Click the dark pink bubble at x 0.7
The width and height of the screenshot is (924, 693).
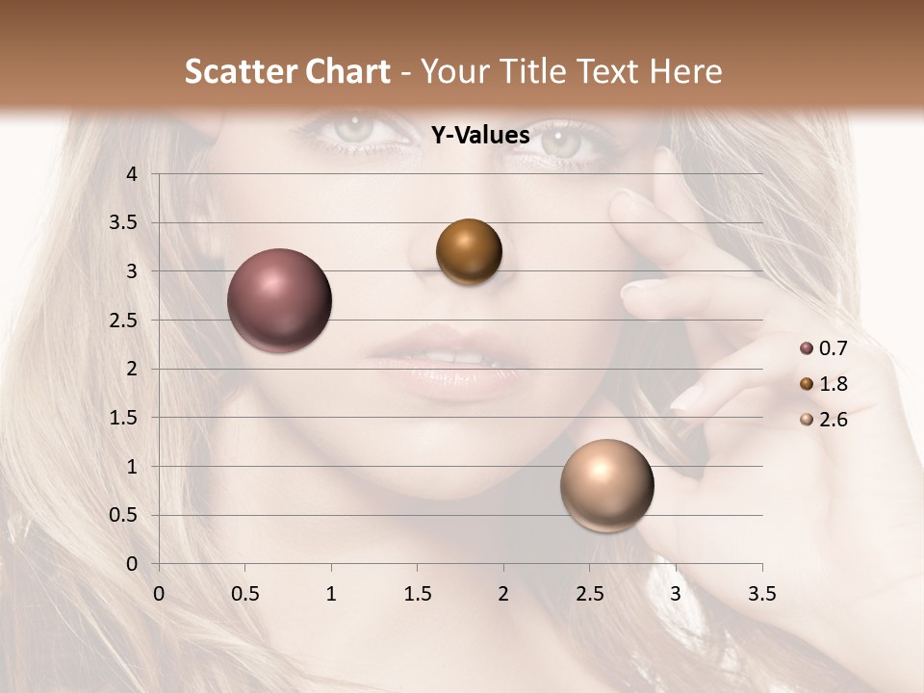pyautogui.click(x=279, y=300)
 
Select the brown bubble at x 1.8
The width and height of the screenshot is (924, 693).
pyautogui.click(x=469, y=252)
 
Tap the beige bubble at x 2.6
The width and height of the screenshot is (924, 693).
pyautogui.click(x=606, y=485)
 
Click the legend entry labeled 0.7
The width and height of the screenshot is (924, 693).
pyautogui.click(x=833, y=348)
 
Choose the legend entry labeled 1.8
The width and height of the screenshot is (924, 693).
pyautogui.click(x=833, y=384)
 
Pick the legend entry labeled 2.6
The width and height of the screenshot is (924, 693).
pyautogui.click(x=833, y=420)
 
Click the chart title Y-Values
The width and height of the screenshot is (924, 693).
pyautogui.click(x=479, y=136)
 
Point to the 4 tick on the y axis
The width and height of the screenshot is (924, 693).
pyautogui.click(x=132, y=174)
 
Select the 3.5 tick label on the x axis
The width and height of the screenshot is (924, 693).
pyautogui.click(x=761, y=594)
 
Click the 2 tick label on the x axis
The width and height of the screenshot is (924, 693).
pyautogui.click(x=503, y=594)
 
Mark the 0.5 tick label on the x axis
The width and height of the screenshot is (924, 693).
pyautogui.click(x=244, y=594)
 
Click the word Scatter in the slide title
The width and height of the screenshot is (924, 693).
pyautogui.click(x=240, y=71)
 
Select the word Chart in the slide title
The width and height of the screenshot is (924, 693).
pyautogui.click(x=347, y=71)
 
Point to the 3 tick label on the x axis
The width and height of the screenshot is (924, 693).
pyautogui.click(x=676, y=594)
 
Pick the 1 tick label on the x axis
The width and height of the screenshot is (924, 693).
pyautogui.click(x=331, y=594)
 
